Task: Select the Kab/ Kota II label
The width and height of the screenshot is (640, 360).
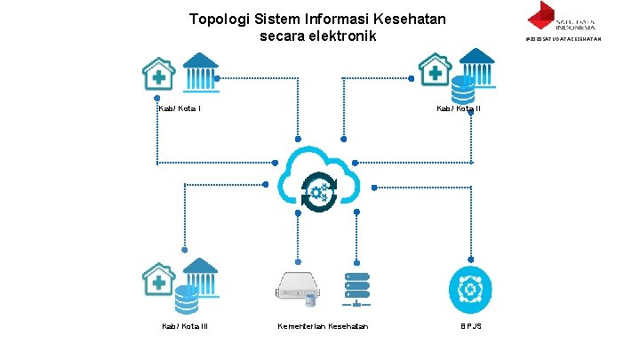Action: [459, 108]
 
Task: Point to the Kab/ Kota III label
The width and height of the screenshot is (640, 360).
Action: [184, 326]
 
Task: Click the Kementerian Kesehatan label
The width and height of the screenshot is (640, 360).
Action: [323, 326]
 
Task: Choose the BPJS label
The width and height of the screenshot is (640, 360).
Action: [471, 326]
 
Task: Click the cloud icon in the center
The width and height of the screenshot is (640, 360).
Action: [320, 178]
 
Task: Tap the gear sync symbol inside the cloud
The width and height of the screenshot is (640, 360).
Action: [319, 190]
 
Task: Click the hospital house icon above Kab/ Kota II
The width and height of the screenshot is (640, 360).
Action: [436, 72]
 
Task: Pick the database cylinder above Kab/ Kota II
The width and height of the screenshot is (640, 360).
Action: [462, 89]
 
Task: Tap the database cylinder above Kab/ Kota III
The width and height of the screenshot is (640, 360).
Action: [186, 300]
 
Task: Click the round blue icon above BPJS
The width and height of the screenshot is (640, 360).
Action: [468, 289]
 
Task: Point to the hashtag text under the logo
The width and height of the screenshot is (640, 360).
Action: [564, 39]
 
